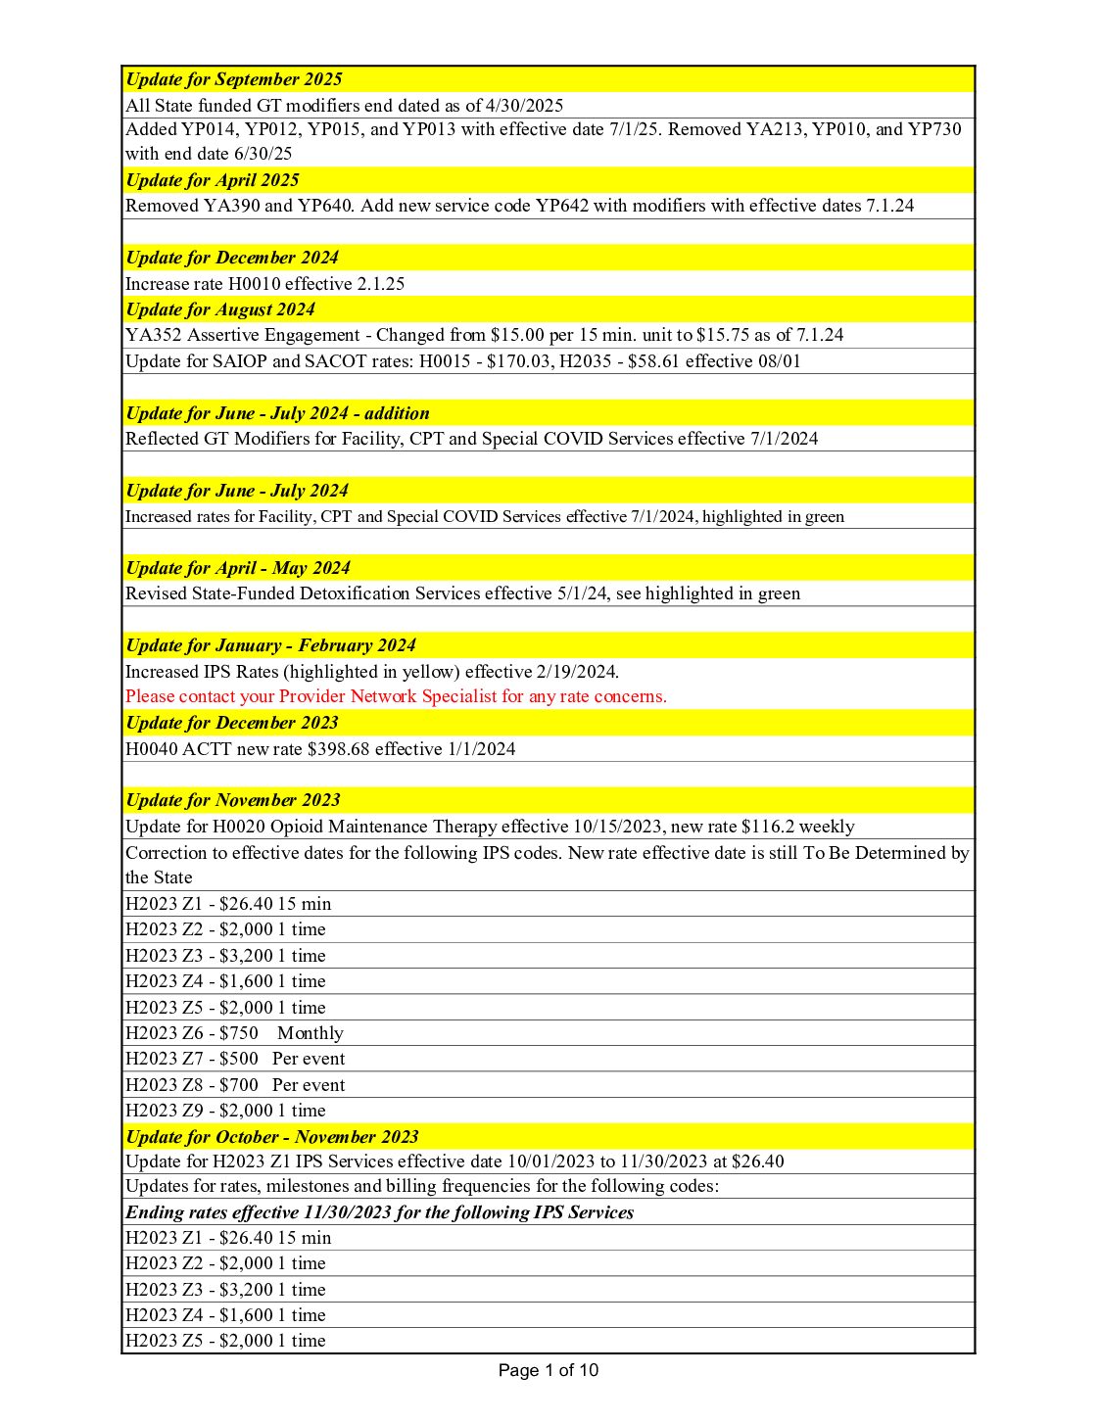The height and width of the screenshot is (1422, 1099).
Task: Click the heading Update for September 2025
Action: [234, 79]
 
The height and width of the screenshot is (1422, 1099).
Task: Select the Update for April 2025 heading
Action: [213, 180]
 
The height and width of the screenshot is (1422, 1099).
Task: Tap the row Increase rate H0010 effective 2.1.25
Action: [265, 284]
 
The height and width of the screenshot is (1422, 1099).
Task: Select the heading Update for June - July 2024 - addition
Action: [277, 413]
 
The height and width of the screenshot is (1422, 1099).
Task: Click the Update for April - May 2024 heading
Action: [238, 568]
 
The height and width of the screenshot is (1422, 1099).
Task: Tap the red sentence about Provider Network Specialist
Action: [396, 696]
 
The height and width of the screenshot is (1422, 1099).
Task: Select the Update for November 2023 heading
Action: [233, 800]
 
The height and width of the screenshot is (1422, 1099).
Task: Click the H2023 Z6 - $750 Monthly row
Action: [234, 1033]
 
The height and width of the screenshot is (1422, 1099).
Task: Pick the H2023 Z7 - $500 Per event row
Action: [235, 1059]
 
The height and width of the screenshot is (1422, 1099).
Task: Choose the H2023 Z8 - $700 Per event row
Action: [235, 1085]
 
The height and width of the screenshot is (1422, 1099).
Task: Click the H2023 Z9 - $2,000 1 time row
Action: [225, 1111]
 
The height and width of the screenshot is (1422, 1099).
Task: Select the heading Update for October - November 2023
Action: [272, 1137]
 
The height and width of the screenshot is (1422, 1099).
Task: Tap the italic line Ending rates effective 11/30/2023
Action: [379, 1212]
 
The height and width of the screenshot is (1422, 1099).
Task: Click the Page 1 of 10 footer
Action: [548, 1370]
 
